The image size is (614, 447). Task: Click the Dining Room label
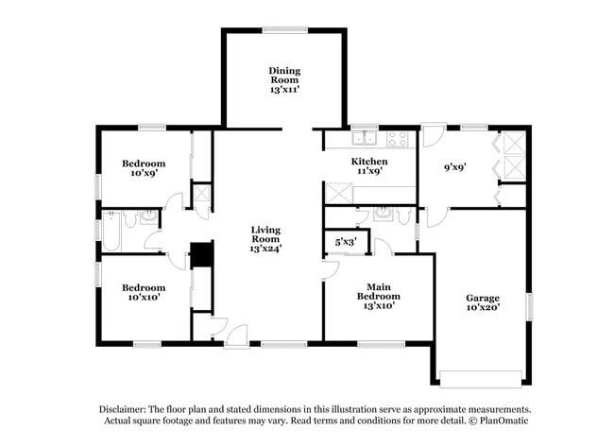tap(284, 76)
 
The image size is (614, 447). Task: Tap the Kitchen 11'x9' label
tap(368, 166)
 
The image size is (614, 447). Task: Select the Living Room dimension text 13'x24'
tap(265, 249)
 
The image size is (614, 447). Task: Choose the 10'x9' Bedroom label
tap(144, 167)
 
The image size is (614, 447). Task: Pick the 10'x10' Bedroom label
tap(144, 292)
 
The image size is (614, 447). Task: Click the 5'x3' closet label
tap(345, 243)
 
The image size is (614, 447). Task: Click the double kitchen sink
tap(365, 141)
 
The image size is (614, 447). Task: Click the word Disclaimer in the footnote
tap(125, 408)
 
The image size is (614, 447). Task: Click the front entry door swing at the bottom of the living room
tap(236, 334)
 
